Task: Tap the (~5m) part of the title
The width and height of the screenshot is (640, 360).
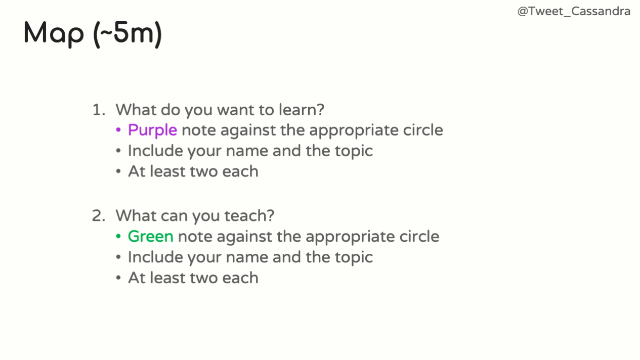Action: [127, 34]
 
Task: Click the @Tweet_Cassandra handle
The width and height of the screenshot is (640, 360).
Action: [574, 12]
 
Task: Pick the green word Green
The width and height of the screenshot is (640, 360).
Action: [151, 237]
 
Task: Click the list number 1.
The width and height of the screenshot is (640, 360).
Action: [99, 110]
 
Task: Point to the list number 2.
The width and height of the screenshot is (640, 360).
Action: [99, 215]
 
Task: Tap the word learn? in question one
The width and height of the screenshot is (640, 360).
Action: [302, 109]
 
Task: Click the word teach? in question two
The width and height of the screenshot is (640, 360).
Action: [249, 215]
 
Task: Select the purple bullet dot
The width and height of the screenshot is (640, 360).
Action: [118, 130]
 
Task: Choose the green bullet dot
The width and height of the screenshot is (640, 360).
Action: [118, 237]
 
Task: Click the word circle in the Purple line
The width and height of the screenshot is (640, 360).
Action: [423, 130]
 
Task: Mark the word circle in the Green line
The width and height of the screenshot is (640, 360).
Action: [419, 236]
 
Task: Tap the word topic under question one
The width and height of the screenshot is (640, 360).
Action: [354, 151]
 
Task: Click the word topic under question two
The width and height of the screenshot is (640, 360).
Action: [354, 257]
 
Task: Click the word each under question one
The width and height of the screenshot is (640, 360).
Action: [240, 171]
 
